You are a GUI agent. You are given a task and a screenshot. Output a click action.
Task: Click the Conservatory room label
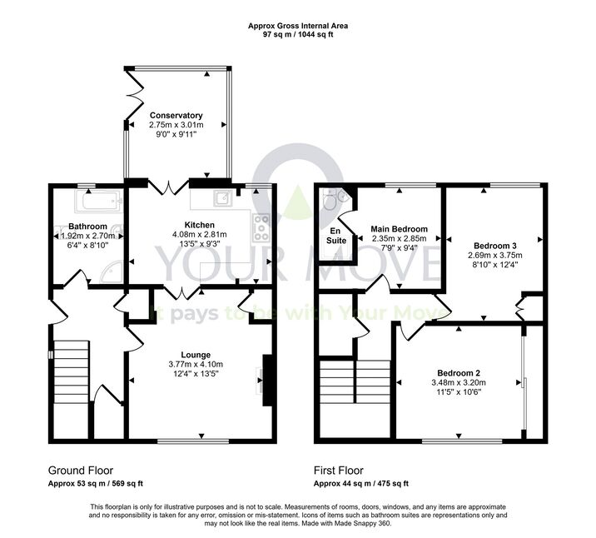click(x=176, y=115)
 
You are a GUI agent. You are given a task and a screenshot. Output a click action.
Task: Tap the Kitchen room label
click(x=199, y=225)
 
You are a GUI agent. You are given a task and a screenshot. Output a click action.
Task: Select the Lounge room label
click(x=196, y=355)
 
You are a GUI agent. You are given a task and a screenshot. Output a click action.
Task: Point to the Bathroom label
click(x=87, y=227)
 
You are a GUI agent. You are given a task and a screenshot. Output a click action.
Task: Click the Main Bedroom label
click(x=399, y=229)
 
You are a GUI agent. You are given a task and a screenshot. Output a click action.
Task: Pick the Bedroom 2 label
click(x=459, y=372)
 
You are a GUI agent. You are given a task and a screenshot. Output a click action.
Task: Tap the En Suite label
click(x=336, y=236)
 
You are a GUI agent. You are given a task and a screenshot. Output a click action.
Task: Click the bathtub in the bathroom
click(x=99, y=201)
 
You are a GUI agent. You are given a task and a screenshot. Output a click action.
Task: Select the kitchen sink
click(x=223, y=197)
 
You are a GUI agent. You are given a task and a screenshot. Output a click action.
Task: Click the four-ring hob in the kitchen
click(x=261, y=227)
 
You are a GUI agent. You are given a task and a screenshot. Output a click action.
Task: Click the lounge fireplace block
click(x=267, y=381)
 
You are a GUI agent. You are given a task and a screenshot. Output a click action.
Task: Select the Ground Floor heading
click(x=81, y=471)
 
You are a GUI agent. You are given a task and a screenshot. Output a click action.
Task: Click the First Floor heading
click(x=338, y=471)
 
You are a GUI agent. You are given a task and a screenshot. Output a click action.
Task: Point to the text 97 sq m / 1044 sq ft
click(x=298, y=35)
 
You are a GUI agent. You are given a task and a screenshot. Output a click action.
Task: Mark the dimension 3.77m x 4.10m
click(x=196, y=364)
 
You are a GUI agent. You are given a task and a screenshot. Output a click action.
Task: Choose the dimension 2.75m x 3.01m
click(x=176, y=125)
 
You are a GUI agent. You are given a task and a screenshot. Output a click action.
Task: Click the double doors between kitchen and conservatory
click(x=168, y=187)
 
